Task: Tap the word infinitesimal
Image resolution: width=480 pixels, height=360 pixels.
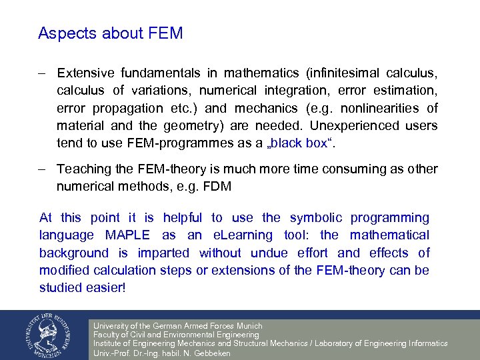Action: (341, 73)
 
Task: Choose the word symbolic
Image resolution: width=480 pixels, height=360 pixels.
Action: (316, 217)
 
